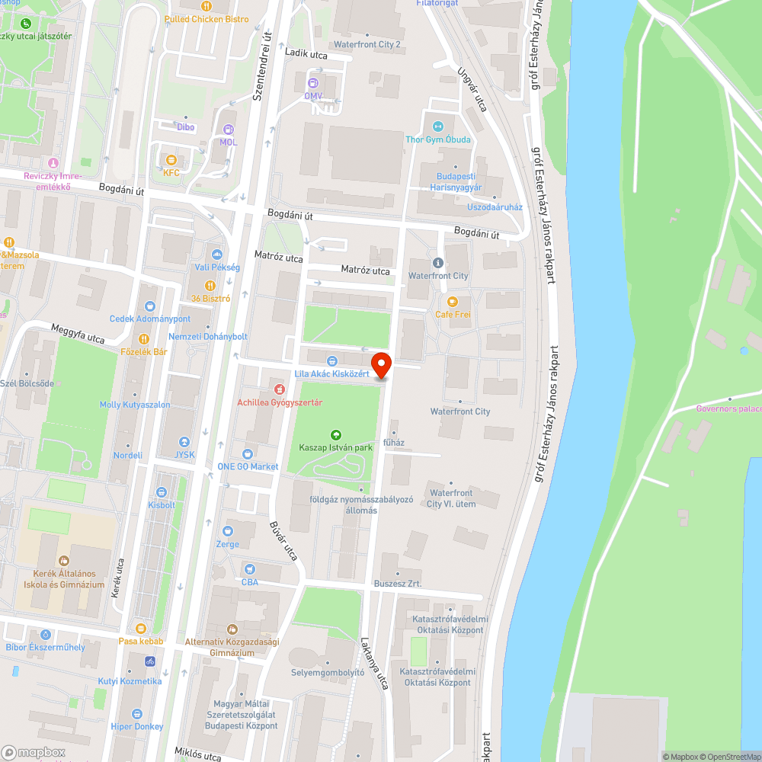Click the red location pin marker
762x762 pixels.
pyautogui.click(x=381, y=364)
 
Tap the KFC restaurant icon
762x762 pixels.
pyautogui.click(x=171, y=160)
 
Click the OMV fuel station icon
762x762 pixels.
pyautogui.click(x=313, y=83)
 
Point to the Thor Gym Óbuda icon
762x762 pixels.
pyautogui.click(x=437, y=126)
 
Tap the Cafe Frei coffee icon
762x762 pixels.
pyautogui.click(x=453, y=302)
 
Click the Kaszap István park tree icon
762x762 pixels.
pyautogui.click(x=335, y=435)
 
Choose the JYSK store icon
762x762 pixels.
pyautogui.click(x=184, y=442)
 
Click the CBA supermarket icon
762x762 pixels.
pyautogui.click(x=249, y=569)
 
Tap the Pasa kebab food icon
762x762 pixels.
pyautogui.click(x=141, y=629)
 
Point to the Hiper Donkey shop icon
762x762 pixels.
pyautogui.click(x=137, y=714)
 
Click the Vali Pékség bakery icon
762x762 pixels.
pyautogui.click(x=217, y=255)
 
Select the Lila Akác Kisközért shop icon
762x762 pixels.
pyautogui.click(x=331, y=361)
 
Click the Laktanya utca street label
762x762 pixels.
pyautogui.click(x=375, y=663)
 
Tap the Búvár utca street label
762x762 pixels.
pyautogui.click(x=283, y=541)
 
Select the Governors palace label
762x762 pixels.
pyautogui.click(x=728, y=408)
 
